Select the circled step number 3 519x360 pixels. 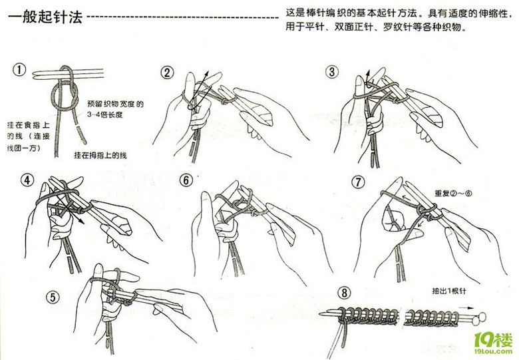pos(332,71)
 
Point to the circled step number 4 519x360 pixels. pos(27,180)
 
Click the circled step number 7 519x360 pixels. pos(357,181)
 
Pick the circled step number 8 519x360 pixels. pos(343,293)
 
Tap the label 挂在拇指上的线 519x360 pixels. pos(100,155)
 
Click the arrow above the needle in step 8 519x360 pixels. pos(472,308)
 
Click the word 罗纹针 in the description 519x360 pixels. pos(398,28)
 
